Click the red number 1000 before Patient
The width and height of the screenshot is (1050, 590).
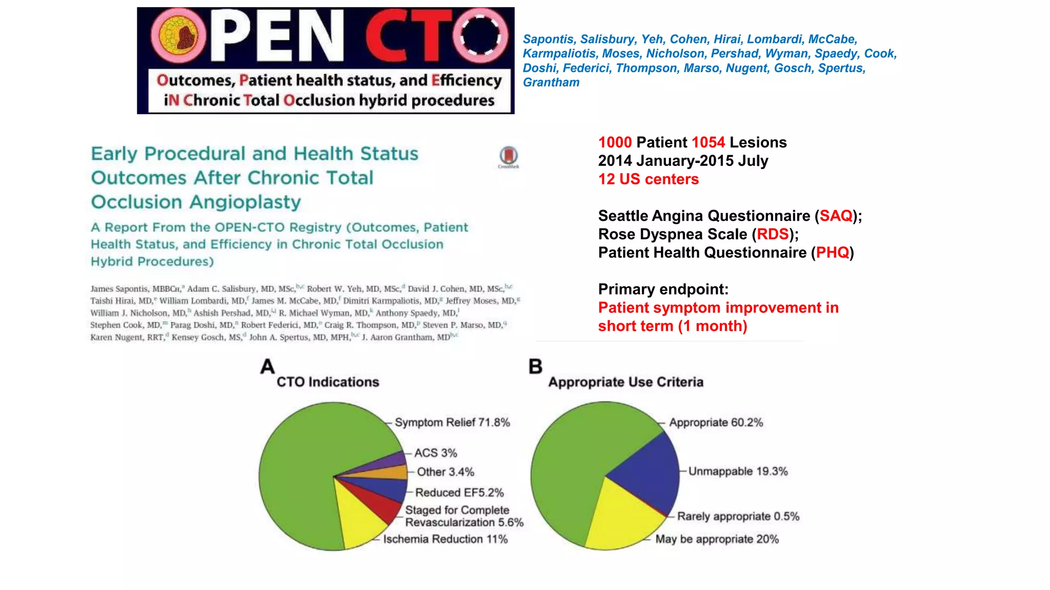[x=615, y=142]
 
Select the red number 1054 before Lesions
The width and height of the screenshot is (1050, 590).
[x=708, y=142]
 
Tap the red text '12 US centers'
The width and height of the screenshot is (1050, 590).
[x=648, y=179]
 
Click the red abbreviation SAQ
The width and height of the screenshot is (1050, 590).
[x=836, y=216]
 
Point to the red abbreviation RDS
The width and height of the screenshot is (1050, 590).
[x=773, y=235]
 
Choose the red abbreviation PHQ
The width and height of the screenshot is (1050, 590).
[x=832, y=253]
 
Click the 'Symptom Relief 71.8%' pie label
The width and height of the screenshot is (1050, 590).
[x=452, y=423]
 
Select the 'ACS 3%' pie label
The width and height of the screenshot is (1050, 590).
[x=435, y=453]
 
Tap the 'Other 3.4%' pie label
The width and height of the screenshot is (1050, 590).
[x=445, y=472]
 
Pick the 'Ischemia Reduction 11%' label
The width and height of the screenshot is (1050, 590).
[x=445, y=539]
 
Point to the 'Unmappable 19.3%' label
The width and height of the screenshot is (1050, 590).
[x=738, y=472]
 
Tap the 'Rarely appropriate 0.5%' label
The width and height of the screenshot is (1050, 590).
[x=738, y=516]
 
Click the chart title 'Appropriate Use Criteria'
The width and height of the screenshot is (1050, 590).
[x=625, y=382]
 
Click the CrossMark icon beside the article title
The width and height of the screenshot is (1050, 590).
[x=509, y=156]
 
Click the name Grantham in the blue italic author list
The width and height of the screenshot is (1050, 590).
[x=551, y=82]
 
